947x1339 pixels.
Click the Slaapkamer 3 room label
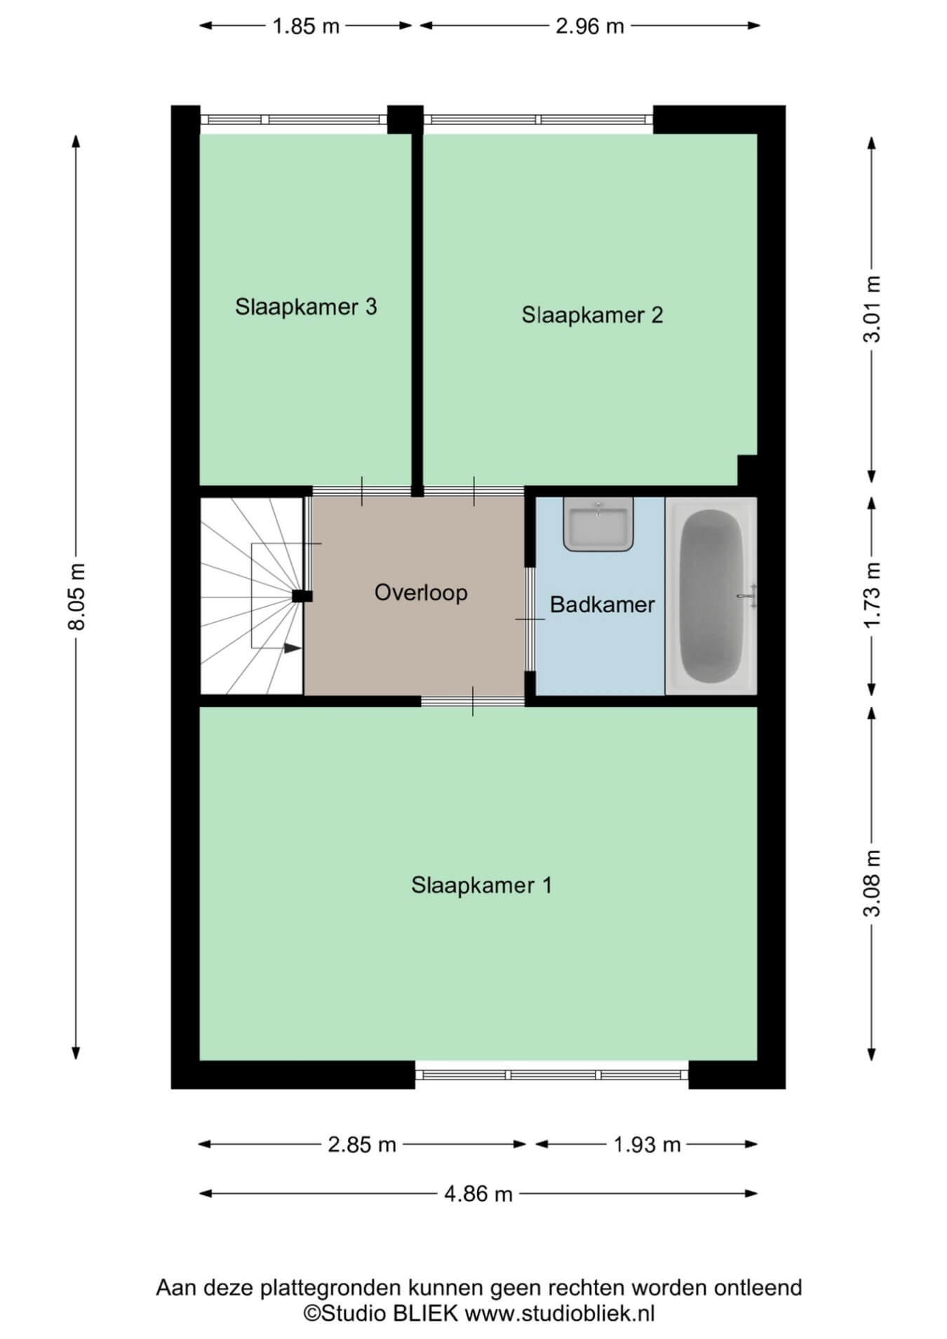(x=306, y=307)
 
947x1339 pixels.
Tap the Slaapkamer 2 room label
(x=592, y=315)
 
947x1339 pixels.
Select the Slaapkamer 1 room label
(x=481, y=885)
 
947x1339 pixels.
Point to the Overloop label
(x=421, y=593)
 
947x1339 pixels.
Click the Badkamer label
(x=602, y=605)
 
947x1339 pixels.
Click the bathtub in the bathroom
(x=711, y=596)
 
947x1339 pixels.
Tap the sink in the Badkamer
(x=598, y=525)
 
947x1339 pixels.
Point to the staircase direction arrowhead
(x=293, y=648)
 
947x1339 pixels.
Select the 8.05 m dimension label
(x=76, y=597)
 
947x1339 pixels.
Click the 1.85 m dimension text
(x=306, y=26)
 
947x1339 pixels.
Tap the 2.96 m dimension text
(x=590, y=26)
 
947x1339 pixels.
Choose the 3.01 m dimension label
(x=871, y=309)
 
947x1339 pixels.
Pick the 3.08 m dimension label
(x=871, y=884)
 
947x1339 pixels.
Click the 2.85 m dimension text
(x=362, y=1145)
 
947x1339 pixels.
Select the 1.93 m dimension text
(x=647, y=1145)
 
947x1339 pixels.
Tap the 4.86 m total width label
(x=478, y=1194)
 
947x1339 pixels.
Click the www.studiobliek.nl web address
(x=560, y=1313)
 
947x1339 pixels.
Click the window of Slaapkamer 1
(x=552, y=1075)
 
